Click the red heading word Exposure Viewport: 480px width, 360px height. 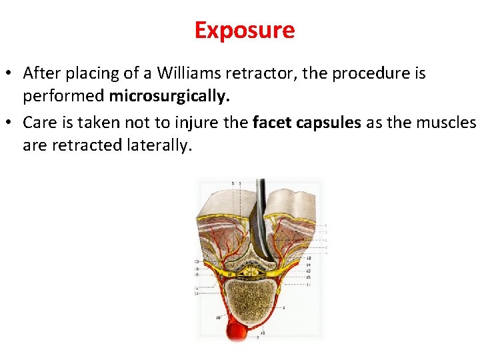[244, 30]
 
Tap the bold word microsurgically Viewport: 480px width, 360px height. [169, 96]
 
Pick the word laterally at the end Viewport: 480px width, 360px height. [159, 145]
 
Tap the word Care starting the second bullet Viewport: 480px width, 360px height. [39, 122]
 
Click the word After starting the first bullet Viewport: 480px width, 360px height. [42, 73]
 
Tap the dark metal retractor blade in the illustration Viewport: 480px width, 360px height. [262, 220]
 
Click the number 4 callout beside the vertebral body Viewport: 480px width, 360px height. [283, 307]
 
